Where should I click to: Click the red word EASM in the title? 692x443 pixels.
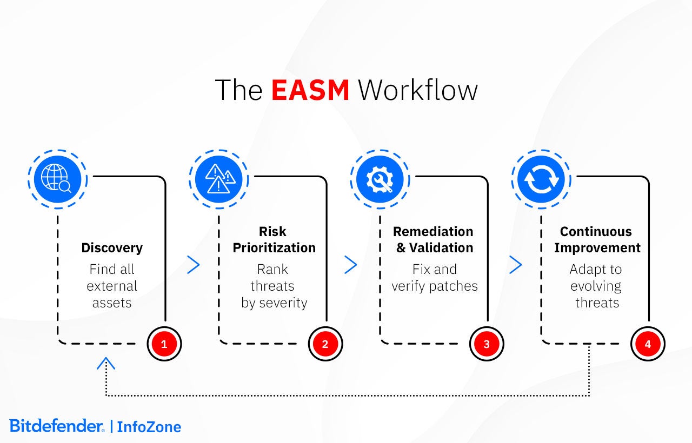click(310, 90)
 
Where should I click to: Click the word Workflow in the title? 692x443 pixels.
click(418, 90)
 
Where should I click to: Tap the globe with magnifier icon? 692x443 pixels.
click(57, 179)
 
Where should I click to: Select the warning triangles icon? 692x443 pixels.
click(218, 179)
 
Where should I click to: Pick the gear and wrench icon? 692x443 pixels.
click(380, 179)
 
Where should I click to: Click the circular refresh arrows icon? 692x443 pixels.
click(541, 179)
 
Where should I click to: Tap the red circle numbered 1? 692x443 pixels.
click(164, 344)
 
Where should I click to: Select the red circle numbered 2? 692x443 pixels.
click(325, 344)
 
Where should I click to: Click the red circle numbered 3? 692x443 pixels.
click(487, 344)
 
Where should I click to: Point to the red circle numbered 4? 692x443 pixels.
click(648, 344)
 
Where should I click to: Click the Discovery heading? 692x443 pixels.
click(112, 248)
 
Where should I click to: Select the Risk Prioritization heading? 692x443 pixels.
click(274, 240)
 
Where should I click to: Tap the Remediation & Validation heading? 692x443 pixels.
click(433, 240)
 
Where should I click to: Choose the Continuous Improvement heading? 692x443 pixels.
click(597, 240)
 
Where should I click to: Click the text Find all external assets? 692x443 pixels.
click(112, 286)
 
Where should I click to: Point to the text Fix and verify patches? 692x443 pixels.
click(435, 278)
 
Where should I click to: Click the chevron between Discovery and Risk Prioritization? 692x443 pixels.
click(193, 265)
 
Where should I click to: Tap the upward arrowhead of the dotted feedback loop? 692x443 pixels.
click(106, 364)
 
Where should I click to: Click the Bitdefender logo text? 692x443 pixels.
click(56, 426)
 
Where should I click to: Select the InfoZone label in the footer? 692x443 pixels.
click(149, 427)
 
